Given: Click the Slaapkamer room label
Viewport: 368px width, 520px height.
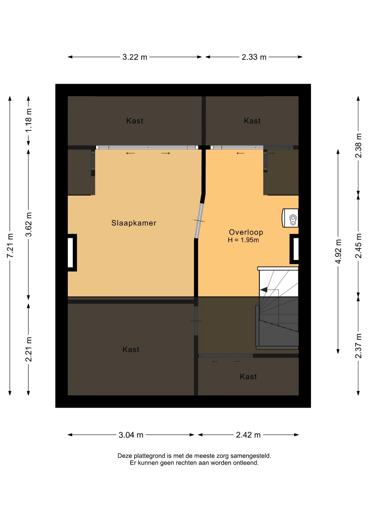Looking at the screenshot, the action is coord(134,223).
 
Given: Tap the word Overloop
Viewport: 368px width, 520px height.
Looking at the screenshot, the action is coord(246,232).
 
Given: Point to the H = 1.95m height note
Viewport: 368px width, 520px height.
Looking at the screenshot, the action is coord(243,240).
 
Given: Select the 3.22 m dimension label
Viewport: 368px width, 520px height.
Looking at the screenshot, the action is coord(135,57).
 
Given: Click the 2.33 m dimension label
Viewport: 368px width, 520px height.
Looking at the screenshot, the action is coord(254,57).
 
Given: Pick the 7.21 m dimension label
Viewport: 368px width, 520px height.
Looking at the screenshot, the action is coord(10,245).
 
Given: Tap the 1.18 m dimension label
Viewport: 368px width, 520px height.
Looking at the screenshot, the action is coord(28,120).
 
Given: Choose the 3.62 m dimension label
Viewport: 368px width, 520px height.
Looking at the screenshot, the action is coord(28,225).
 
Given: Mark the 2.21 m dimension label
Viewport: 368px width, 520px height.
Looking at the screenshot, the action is coord(28,349).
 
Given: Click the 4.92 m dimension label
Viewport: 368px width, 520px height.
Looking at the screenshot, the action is coord(338,251).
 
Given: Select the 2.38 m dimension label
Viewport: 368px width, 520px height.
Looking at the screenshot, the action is coord(358,145).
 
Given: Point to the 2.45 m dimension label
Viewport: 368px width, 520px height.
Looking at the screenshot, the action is coord(358,246).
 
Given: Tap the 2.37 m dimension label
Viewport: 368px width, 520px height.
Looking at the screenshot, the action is coord(358,346).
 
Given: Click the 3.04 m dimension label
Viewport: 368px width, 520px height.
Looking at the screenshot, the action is coord(131,435).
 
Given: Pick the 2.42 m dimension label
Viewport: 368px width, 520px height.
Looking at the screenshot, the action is coord(248,435).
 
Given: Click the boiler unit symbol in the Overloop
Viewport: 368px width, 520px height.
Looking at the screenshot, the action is coord(290,218).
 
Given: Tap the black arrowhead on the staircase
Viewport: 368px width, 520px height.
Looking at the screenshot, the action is coord(264,290).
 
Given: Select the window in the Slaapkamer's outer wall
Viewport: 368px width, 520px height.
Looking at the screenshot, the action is coord(72,252).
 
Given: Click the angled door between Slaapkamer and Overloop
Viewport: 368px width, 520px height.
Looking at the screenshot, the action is coord(199,221).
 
